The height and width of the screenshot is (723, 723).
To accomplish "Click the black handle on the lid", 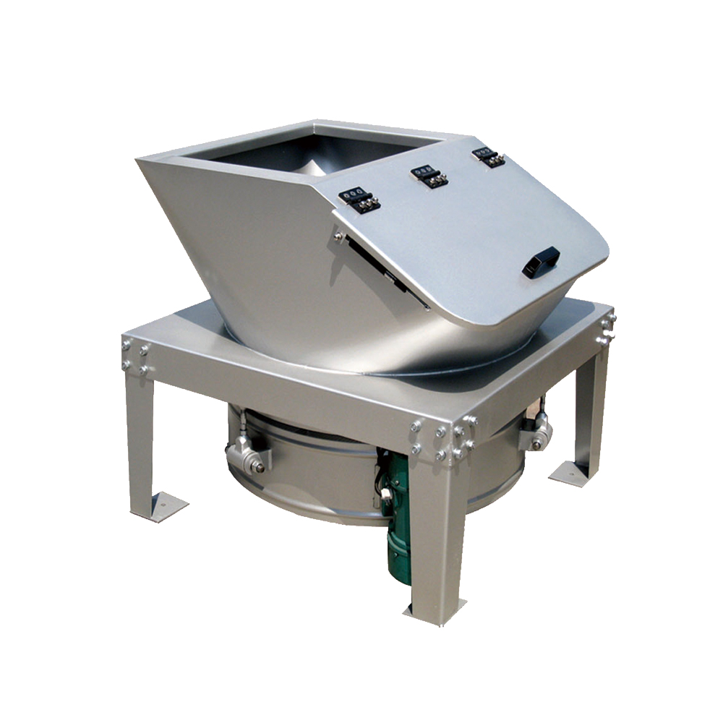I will point(541,262).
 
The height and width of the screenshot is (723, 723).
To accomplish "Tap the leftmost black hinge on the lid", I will point(359,199).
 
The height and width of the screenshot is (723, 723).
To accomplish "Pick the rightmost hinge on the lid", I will point(489,157).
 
